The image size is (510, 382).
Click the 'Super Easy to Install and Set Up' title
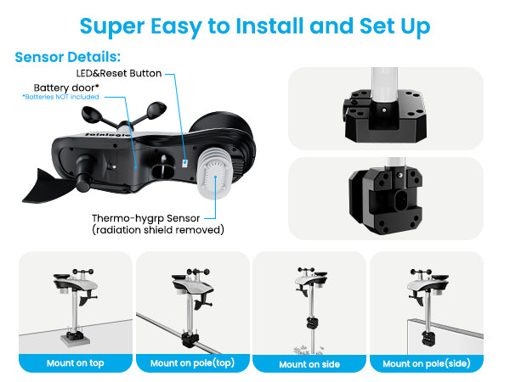[x=255, y=26]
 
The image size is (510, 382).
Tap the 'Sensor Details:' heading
[x=68, y=57]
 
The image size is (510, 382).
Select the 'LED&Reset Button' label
[x=119, y=73]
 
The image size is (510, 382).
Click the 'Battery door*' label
[x=66, y=87]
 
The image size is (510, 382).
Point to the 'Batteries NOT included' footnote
[x=60, y=97]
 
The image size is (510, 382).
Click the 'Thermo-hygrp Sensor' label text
[x=145, y=218]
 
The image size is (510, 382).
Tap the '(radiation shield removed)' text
[x=158, y=230]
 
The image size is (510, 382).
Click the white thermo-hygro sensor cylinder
[x=215, y=173]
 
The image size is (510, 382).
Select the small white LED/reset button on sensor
[x=184, y=163]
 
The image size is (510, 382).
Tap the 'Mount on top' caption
[x=76, y=363]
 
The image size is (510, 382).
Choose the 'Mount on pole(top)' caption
[x=193, y=363]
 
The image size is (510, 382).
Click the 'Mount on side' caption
[x=309, y=364]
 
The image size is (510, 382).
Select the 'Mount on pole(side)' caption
[x=427, y=363]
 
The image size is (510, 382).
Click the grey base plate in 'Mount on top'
[x=75, y=340]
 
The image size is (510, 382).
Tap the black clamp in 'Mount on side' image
[x=312, y=323]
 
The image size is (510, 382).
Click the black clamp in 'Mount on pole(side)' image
[x=428, y=339]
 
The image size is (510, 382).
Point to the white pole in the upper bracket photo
[x=384, y=84]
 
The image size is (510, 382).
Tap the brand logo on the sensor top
[x=107, y=134]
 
